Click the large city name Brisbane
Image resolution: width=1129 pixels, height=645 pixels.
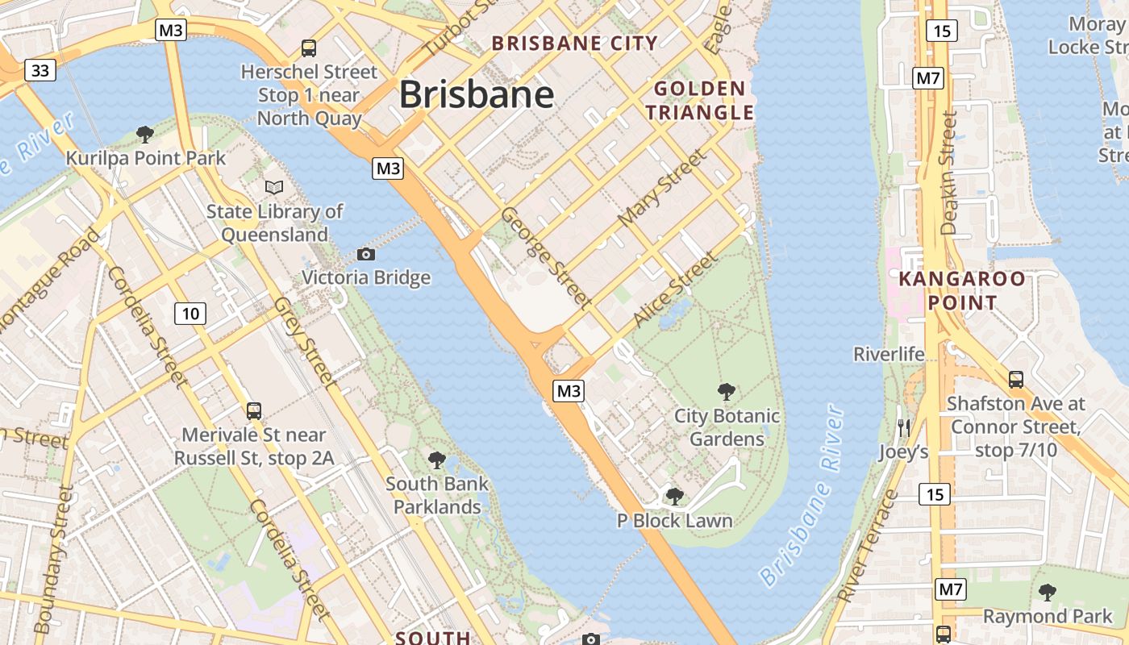[477, 95]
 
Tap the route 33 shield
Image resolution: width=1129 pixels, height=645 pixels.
[40, 71]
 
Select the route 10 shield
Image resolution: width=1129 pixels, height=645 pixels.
[190, 313]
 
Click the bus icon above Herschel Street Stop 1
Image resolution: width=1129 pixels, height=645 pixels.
[308, 48]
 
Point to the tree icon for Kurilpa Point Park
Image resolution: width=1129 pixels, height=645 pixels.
[145, 134]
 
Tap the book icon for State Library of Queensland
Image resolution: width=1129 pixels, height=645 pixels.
[274, 187]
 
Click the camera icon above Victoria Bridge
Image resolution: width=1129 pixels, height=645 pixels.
[365, 255]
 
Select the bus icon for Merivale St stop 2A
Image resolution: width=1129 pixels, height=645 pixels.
[254, 411]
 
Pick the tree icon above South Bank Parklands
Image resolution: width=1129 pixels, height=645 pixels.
[437, 460]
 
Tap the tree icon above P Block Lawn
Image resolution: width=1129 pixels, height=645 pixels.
[674, 497]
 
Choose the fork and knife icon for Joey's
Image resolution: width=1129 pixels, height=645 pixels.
[903, 428]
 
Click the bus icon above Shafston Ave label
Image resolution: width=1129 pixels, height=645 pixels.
[1016, 379]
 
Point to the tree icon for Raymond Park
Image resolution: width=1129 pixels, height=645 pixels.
[1047, 593]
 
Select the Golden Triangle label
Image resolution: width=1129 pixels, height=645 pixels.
[699, 100]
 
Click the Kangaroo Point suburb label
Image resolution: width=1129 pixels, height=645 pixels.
[962, 291]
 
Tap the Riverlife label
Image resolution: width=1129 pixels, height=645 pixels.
[889, 354]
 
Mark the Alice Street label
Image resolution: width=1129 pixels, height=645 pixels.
[674, 289]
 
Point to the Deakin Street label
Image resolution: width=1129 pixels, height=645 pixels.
[948, 173]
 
